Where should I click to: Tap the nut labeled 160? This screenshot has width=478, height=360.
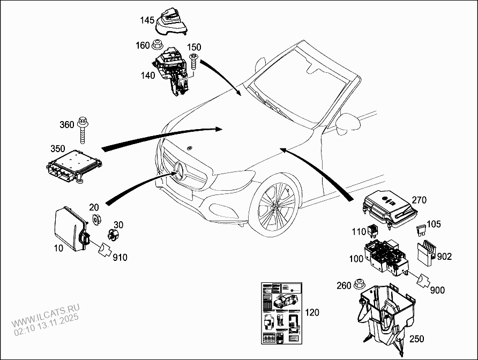tap(158, 45)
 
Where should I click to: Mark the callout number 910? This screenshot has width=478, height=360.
tap(120, 258)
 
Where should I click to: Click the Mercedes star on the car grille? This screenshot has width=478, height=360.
tap(178, 172)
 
